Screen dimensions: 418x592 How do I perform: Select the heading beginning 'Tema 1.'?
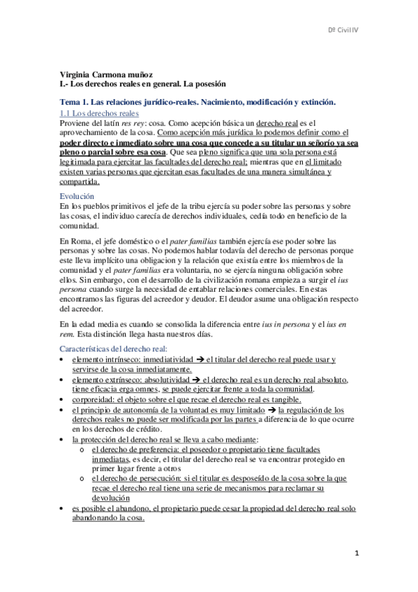pyautogui.click(x=198, y=102)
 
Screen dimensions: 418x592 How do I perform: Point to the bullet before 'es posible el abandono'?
pyautogui.click(x=64, y=510)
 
